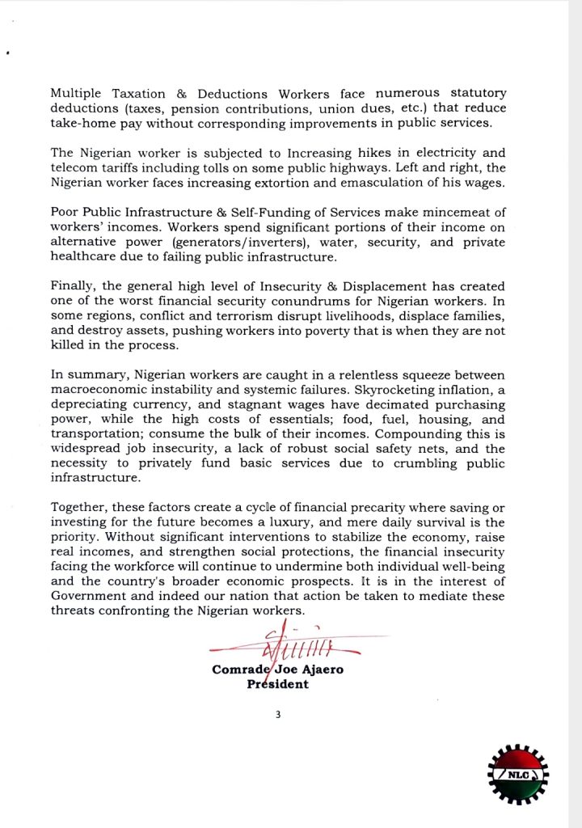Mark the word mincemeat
pos(462,213)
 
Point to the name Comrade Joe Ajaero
pos(277,670)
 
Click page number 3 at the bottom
pos(277,713)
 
